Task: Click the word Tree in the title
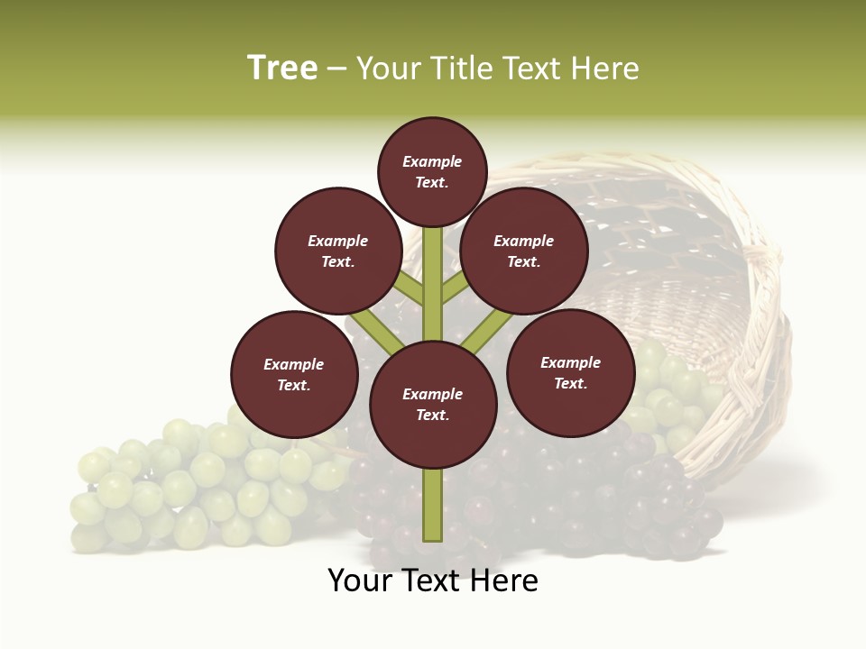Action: coord(282,69)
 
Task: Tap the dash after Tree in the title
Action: coord(337,69)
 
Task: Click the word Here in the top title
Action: coord(606,69)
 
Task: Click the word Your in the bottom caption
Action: coord(358,580)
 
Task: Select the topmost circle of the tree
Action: coord(432,171)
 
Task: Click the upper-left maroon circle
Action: coord(338,251)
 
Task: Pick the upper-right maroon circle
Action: coord(524,251)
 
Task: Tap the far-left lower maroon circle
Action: coord(294,374)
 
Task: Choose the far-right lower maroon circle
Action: coord(570,372)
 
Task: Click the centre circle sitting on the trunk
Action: coord(433,404)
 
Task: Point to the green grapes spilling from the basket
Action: coord(672,397)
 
